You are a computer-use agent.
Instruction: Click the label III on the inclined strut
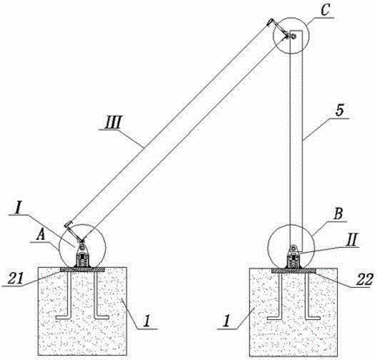(x=113, y=122)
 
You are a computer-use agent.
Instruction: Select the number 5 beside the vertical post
(x=339, y=110)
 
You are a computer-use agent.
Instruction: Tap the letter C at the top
(x=325, y=11)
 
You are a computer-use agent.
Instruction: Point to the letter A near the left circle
(x=41, y=236)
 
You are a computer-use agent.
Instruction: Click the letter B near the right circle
(x=338, y=214)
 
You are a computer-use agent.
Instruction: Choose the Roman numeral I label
(x=18, y=208)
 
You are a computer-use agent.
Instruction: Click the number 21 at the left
(x=14, y=279)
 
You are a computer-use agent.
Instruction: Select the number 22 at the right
(x=364, y=280)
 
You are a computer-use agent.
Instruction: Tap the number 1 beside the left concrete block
(x=146, y=322)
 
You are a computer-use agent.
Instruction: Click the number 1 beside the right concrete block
(x=226, y=322)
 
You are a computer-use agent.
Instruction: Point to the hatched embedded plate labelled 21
(x=82, y=270)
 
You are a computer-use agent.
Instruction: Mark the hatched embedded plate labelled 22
(x=294, y=270)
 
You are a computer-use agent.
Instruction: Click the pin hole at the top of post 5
(x=293, y=36)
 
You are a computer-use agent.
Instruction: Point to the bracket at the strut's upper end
(x=278, y=28)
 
